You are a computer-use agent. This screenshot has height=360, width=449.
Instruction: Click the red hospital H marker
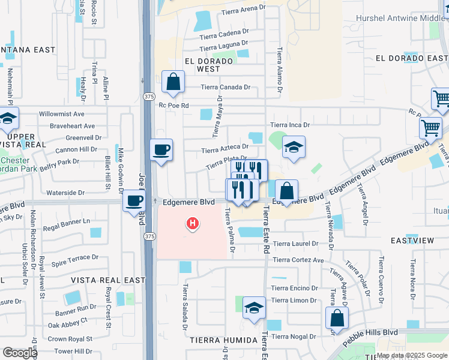pos(193,224)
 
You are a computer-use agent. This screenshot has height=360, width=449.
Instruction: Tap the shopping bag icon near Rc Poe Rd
pos(173,83)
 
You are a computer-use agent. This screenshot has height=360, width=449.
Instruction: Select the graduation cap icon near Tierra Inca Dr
pos(294,148)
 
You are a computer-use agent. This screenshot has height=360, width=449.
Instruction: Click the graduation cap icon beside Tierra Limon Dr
pos(255,308)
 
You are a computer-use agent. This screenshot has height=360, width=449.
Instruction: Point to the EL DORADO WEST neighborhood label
pos(198,65)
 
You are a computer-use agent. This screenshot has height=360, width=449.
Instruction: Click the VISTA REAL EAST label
pos(108,280)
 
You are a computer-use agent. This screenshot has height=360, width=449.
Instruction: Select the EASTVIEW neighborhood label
pos(412,240)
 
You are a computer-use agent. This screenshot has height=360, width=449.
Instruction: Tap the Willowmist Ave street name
pos(62,113)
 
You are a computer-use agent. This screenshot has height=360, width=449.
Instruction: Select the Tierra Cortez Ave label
pos(298,260)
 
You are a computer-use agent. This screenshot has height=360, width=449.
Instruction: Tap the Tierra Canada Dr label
pos(225,87)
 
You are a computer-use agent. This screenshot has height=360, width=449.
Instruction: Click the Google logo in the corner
pos(20,353)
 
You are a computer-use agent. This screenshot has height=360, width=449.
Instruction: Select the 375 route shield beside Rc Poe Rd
pos(148,96)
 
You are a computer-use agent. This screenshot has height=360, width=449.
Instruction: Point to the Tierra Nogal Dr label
pos(294,337)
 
